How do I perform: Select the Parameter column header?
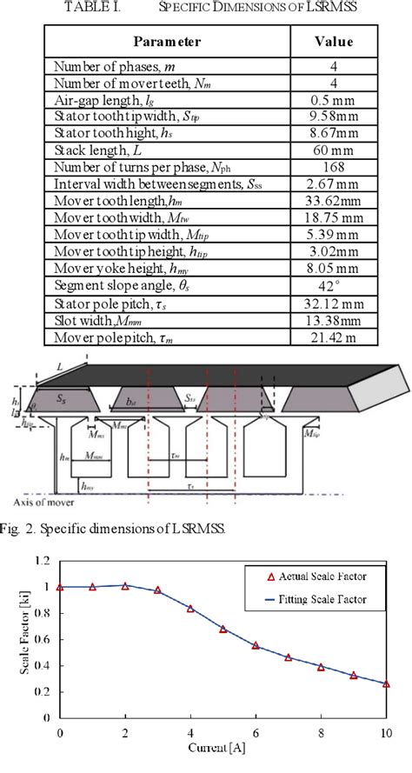click(x=167, y=41)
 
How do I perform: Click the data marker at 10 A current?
click(x=387, y=684)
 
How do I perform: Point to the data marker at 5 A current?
click(x=223, y=629)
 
